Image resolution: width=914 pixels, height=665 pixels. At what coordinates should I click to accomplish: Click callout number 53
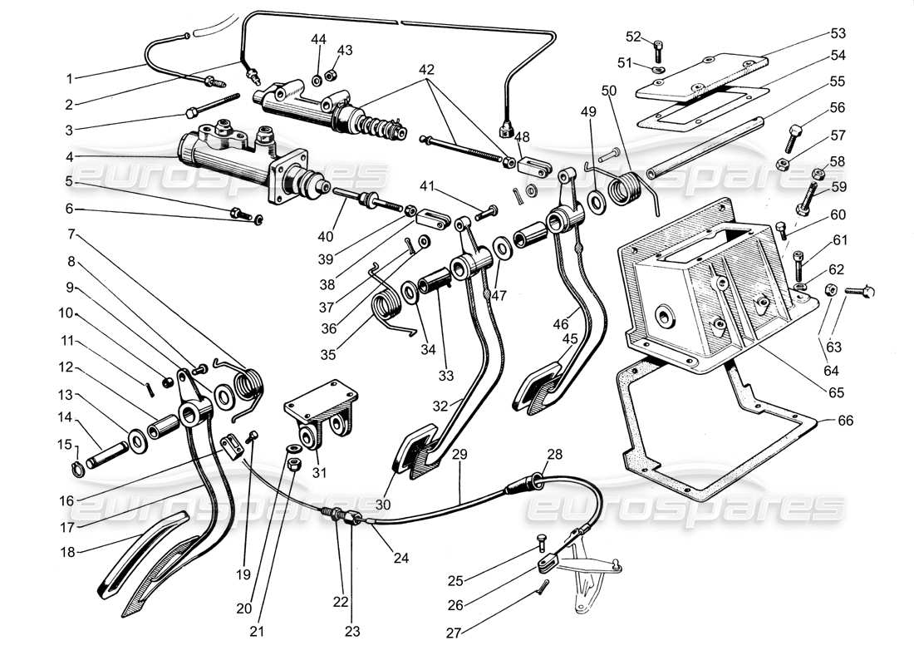(837, 33)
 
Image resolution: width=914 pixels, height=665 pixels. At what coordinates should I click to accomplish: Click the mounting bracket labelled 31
(322, 420)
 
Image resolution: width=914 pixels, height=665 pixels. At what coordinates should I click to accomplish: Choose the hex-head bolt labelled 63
(856, 291)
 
